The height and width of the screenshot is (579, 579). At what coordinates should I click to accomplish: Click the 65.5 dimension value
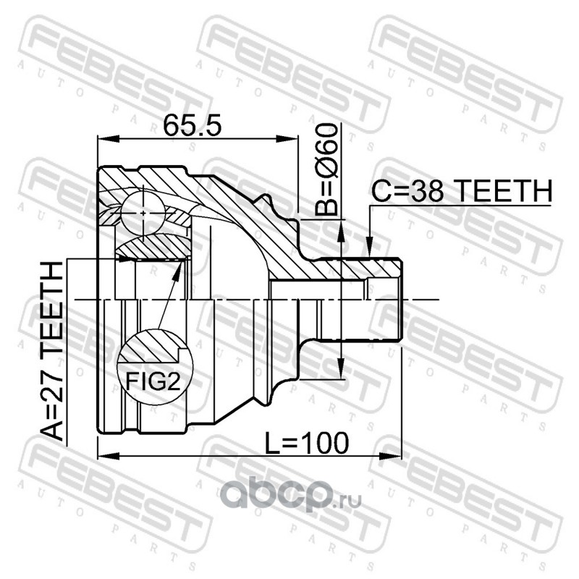pyautogui.click(x=192, y=124)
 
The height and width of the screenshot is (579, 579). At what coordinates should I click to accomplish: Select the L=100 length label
pyautogui.click(x=307, y=443)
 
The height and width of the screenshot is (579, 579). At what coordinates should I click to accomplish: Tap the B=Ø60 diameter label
pyautogui.click(x=326, y=169)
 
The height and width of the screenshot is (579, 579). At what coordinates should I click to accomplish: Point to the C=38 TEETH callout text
pyautogui.click(x=462, y=190)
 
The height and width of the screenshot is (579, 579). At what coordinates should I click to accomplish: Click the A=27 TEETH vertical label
pyautogui.click(x=51, y=351)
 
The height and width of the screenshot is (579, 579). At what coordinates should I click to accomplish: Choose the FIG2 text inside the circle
pyautogui.click(x=153, y=381)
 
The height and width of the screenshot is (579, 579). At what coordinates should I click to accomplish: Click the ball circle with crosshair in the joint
pyautogui.click(x=143, y=213)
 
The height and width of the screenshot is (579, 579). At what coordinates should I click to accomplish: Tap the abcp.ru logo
pyautogui.click(x=291, y=497)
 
